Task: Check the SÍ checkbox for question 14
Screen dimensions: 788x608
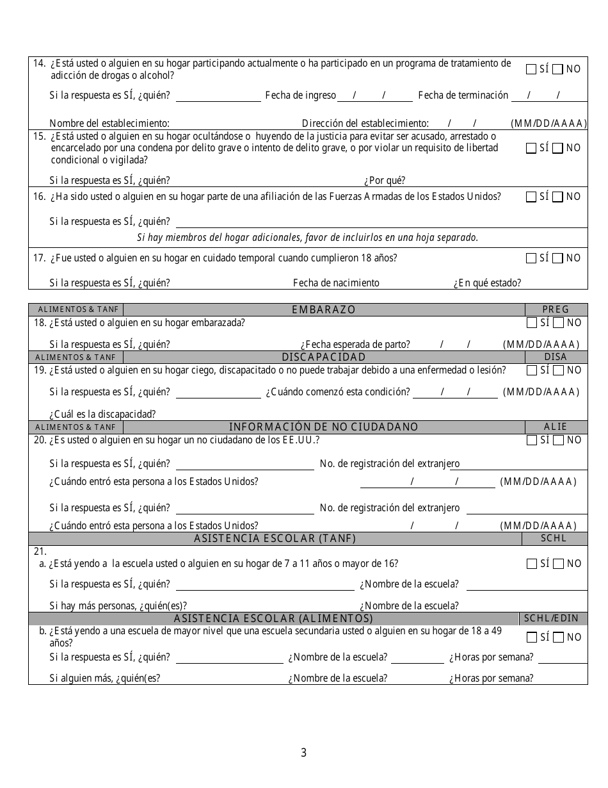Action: [531, 69]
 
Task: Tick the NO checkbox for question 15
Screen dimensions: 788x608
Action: [557, 148]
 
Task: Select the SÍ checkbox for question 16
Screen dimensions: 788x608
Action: [531, 197]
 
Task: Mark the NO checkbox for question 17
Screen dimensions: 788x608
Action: [557, 258]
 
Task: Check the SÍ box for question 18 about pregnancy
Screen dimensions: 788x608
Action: [531, 323]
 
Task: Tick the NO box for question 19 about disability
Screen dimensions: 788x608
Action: [557, 370]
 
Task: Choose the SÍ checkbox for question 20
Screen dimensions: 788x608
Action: [531, 440]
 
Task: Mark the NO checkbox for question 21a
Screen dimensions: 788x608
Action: [557, 564]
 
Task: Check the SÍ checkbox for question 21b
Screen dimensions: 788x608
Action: [531, 637]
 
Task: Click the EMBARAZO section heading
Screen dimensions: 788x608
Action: [323, 309]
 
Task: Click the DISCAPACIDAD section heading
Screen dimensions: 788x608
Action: [323, 357]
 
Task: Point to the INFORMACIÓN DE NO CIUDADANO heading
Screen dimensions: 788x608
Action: [323, 427]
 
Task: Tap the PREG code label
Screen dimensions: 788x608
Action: [556, 309]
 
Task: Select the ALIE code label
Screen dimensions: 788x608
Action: [556, 427]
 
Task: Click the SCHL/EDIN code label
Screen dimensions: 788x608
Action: [551, 618]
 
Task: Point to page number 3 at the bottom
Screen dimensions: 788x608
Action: [304, 753]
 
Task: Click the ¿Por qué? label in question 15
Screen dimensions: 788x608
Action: [385, 181]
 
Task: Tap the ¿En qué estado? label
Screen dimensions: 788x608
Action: [487, 283]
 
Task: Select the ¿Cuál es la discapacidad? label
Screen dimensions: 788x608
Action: [102, 415]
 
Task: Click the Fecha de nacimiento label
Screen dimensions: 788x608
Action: [336, 283]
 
